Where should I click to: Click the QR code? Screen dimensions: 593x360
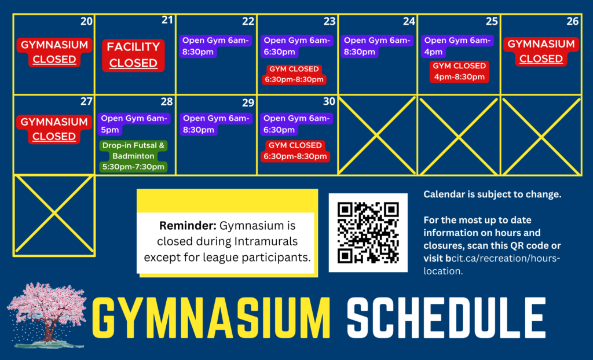point(368,233)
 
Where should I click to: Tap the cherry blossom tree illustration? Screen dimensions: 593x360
point(47,315)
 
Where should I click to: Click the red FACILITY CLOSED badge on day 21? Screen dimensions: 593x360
point(133,55)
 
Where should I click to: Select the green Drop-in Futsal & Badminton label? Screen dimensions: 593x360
point(133,156)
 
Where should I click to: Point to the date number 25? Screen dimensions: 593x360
point(492,21)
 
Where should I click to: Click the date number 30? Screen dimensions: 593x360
point(329,101)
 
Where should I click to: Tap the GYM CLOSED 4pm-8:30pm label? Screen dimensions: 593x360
point(459,71)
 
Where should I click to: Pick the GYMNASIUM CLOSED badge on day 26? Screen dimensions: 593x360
point(541,52)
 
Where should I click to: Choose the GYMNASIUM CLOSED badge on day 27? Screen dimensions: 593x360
point(54,129)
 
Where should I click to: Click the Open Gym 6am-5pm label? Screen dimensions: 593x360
point(134,124)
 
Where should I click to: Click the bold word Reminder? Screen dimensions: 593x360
point(188,226)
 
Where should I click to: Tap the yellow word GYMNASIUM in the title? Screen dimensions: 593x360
point(211,318)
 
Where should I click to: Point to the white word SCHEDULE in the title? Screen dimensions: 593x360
point(446,318)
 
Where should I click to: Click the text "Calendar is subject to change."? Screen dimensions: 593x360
point(492,194)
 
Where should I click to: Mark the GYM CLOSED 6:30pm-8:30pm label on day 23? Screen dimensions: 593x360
point(294,75)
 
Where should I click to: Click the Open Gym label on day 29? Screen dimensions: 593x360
point(216,124)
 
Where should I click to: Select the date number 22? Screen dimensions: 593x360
point(248,21)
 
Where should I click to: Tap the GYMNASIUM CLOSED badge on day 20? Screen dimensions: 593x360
point(54,52)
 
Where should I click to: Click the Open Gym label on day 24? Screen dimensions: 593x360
point(377,46)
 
